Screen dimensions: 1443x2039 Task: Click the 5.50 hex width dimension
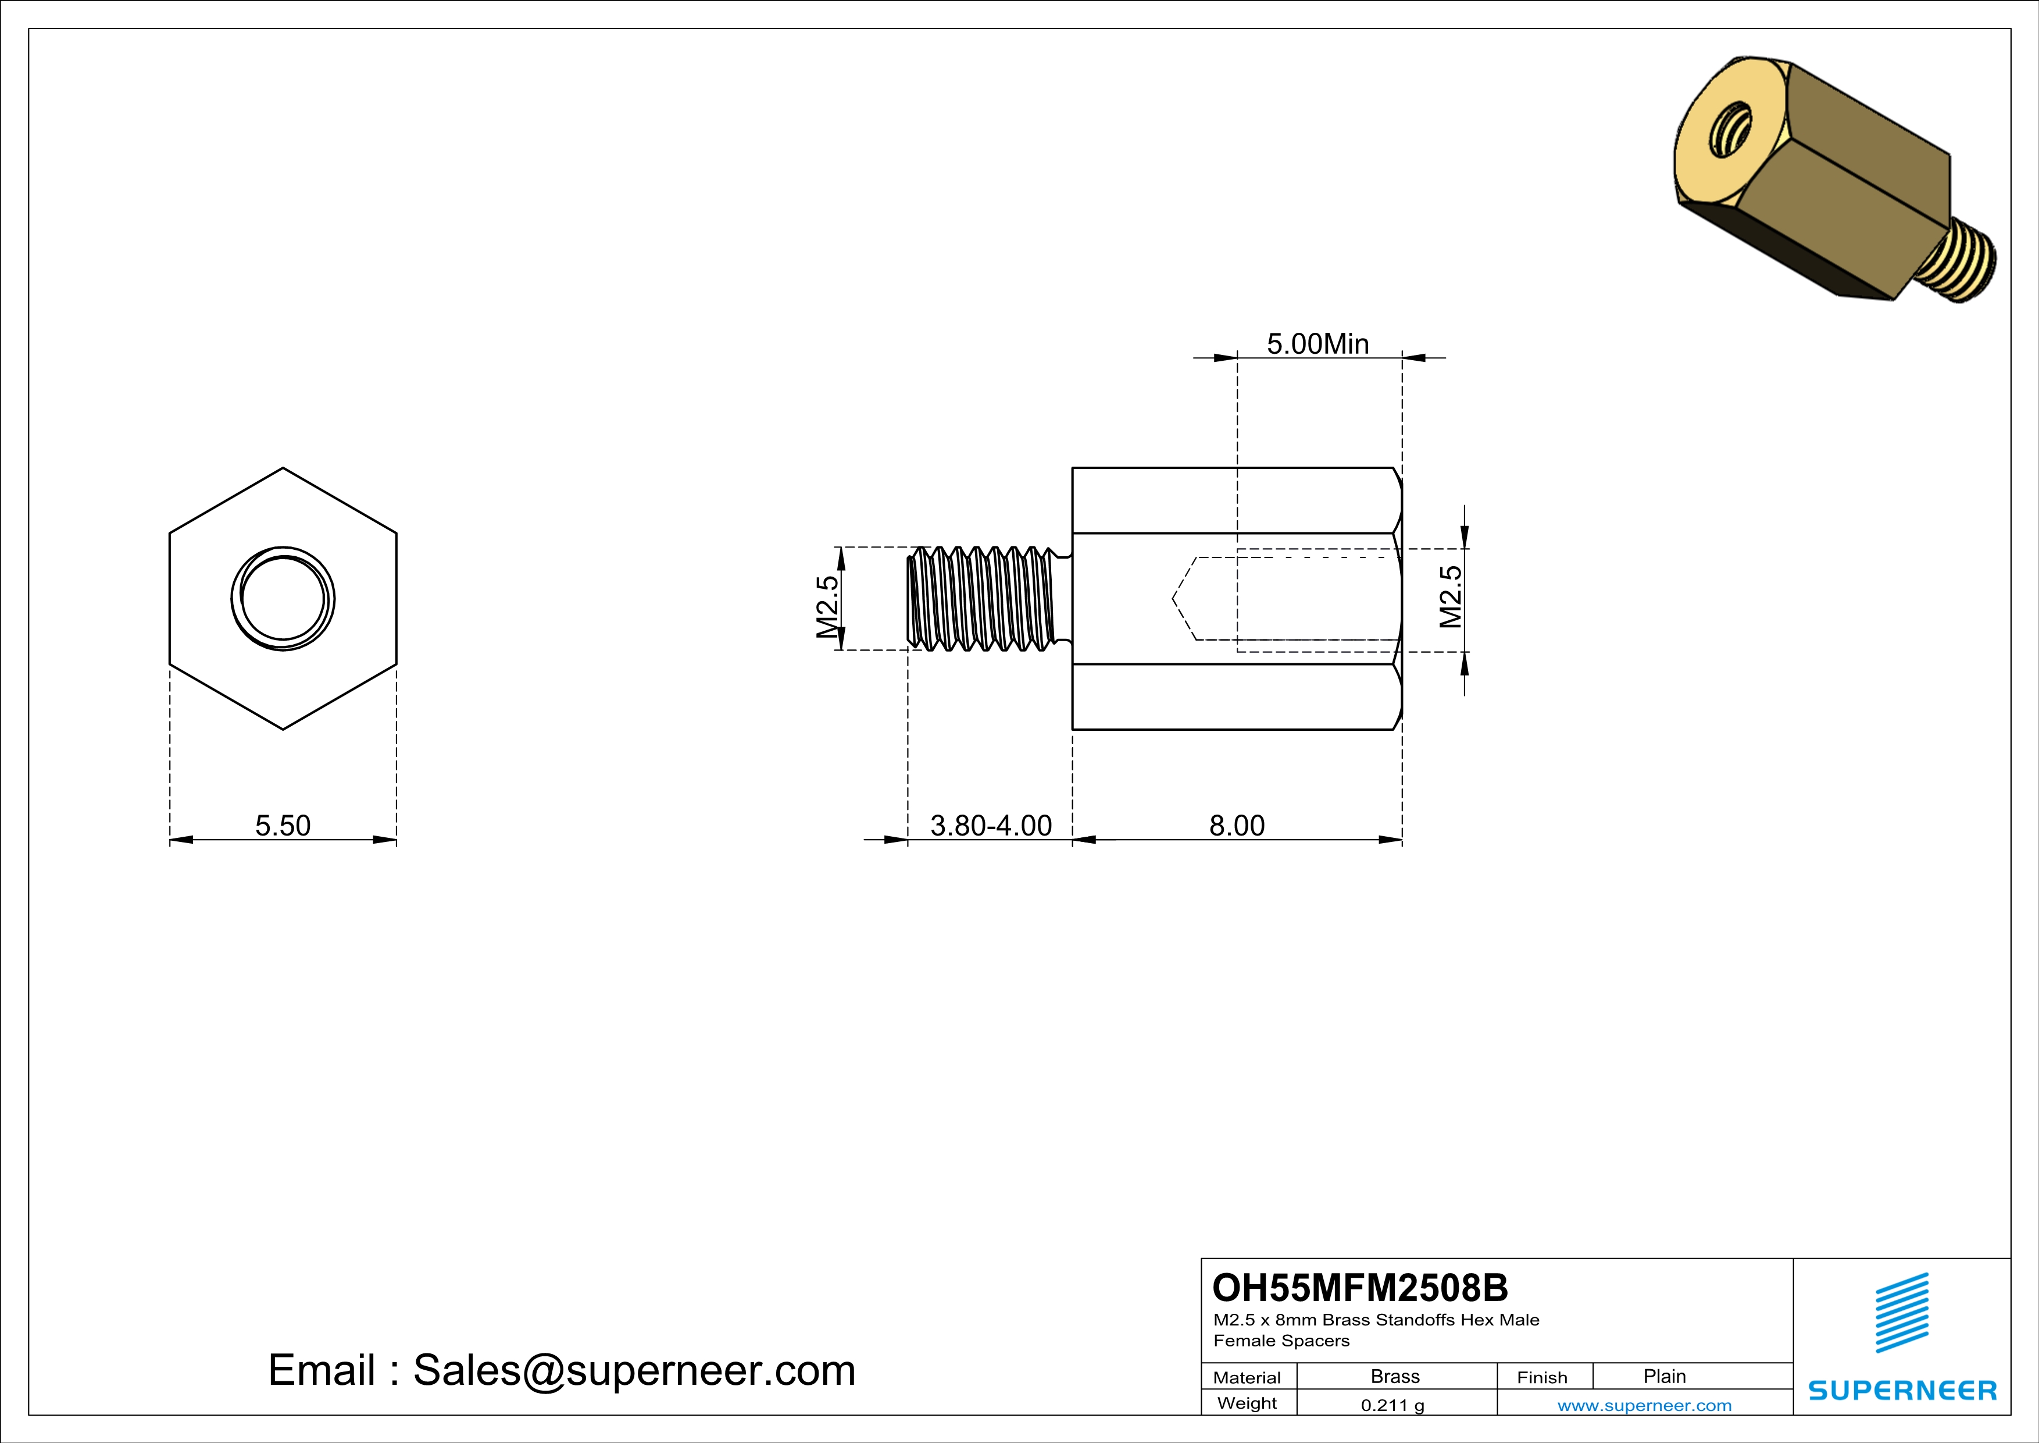coord(283,826)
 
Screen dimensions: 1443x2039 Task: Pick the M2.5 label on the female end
coord(1449,596)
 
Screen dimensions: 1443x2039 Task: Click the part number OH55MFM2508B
coord(1360,1288)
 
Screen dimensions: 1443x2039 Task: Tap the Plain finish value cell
coord(1663,1376)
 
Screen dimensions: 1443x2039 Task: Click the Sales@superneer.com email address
coord(634,1370)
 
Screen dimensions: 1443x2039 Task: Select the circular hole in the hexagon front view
coord(283,598)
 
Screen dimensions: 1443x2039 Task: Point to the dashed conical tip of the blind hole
coord(1184,599)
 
